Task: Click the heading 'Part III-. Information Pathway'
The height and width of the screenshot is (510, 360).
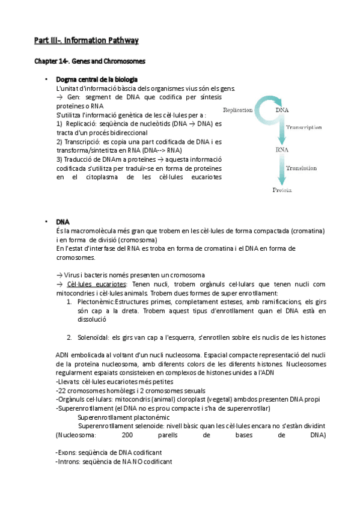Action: click(86, 41)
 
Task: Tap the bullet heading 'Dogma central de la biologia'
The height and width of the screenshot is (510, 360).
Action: click(97, 79)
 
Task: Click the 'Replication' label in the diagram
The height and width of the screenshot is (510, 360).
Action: click(237, 110)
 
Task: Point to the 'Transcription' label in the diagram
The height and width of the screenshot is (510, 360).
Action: click(304, 127)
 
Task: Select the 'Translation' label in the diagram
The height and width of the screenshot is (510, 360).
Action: click(301, 168)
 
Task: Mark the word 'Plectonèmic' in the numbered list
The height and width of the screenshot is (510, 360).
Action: click(95, 301)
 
